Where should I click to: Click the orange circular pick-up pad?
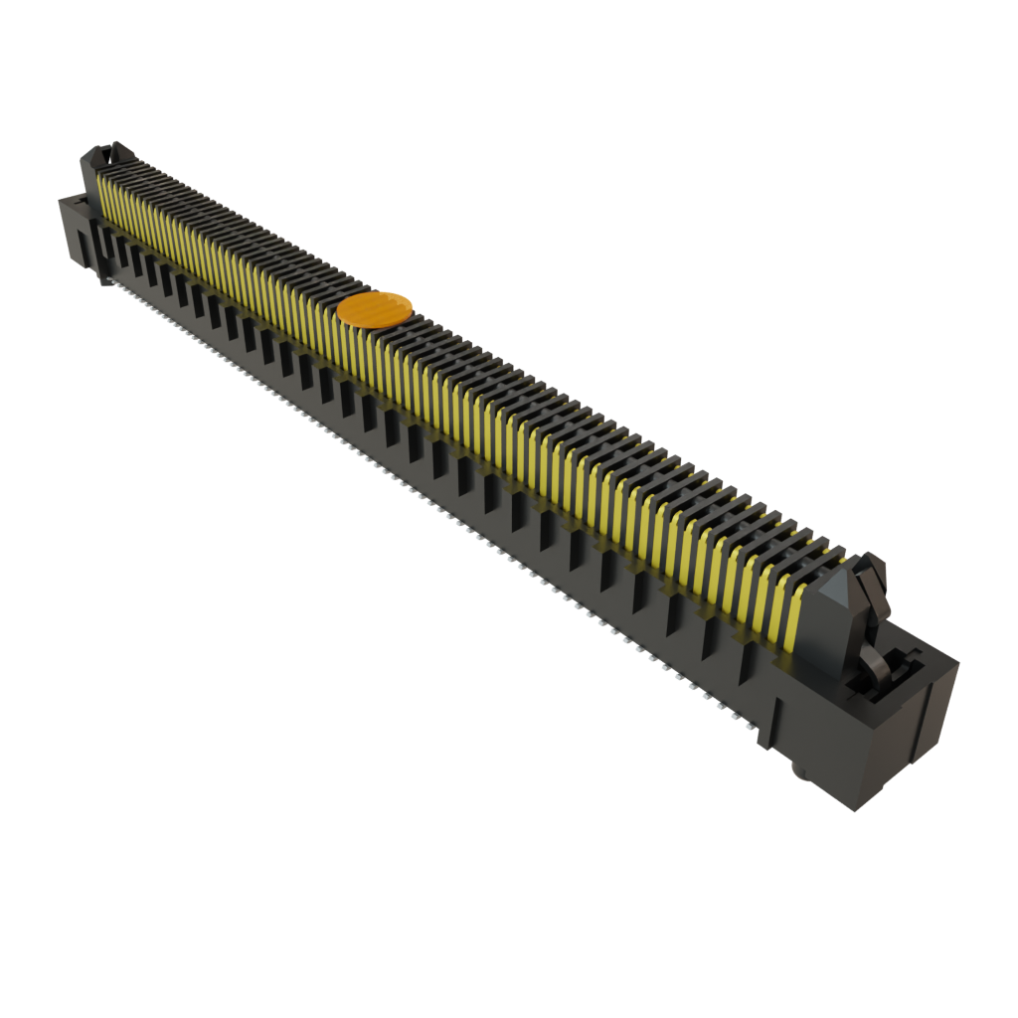pos(375,309)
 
